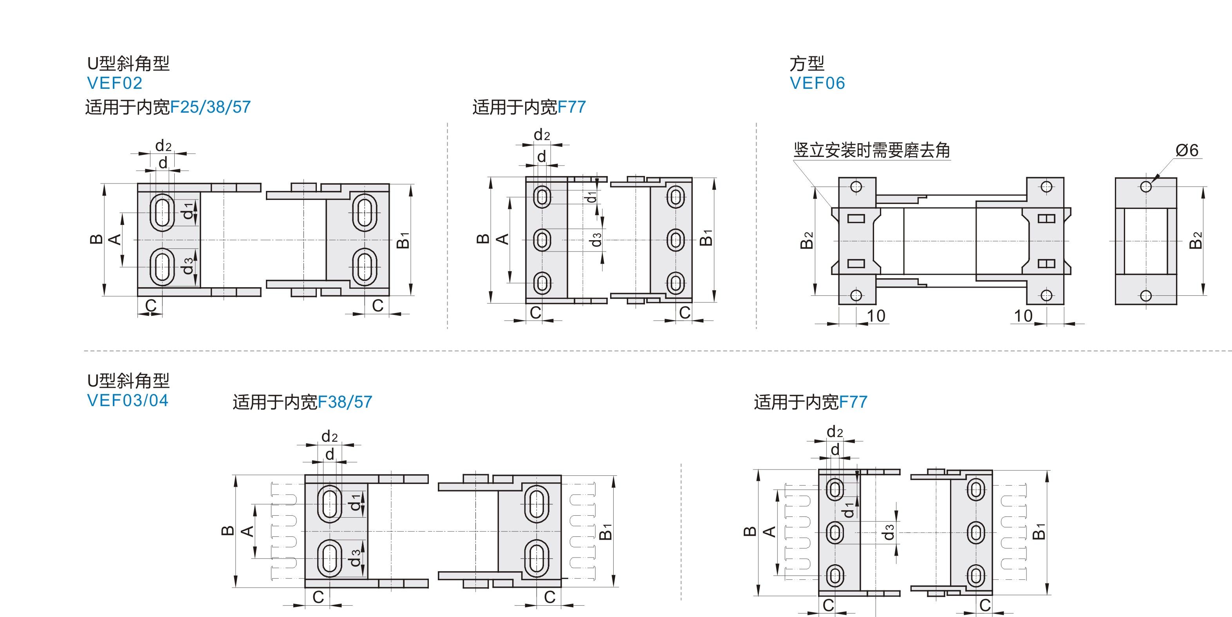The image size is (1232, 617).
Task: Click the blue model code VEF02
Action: pyautogui.click(x=114, y=83)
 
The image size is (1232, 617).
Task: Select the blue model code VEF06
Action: pyautogui.click(x=817, y=83)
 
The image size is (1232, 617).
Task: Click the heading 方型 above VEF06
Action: pyautogui.click(x=806, y=63)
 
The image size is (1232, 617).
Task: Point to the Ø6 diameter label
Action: pyautogui.click(x=1187, y=151)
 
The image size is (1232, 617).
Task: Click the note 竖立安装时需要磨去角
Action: pyautogui.click(x=871, y=151)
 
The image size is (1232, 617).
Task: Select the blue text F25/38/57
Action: pyautogui.click(x=210, y=107)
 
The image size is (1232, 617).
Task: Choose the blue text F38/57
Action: pyautogui.click(x=345, y=402)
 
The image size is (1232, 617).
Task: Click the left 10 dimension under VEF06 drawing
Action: pyautogui.click(x=876, y=316)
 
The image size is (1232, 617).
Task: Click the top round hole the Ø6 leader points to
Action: pyautogui.click(x=1145, y=186)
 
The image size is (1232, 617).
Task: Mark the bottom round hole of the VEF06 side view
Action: pyautogui.click(x=1145, y=296)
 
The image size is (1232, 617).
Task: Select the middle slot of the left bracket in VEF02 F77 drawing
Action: pyautogui.click(x=542, y=240)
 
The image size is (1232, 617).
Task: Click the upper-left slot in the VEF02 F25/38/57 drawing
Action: pyautogui.click(x=162, y=212)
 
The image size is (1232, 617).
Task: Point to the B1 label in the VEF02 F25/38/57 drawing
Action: pyautogui.click(x=403, y=240)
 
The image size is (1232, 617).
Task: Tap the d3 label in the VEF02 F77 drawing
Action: pyautogui.click(x=596, y=239)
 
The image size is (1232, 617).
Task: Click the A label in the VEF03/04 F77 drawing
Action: pyautogui.click(x=769, y=531)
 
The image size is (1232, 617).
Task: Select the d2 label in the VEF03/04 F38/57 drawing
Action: pyautogui.click(x=329, y=436)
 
